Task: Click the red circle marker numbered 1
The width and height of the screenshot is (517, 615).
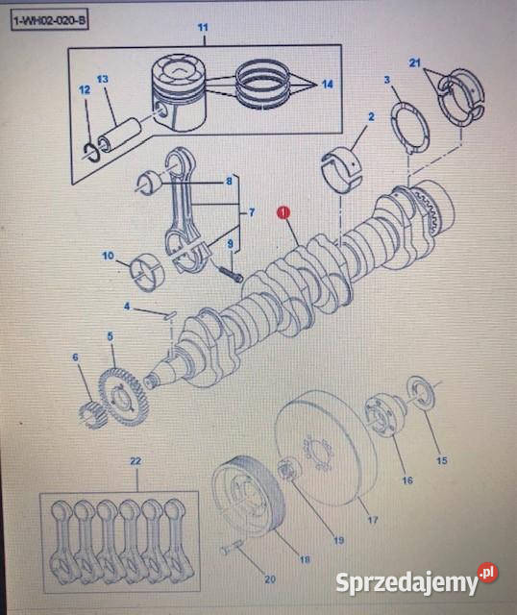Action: [x=283, y=212]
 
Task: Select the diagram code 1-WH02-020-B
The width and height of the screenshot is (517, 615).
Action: [x=49, y=20]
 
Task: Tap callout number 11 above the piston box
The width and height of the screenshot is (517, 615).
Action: [x=203, y=28]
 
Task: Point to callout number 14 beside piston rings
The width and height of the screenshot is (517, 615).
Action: [x=328, y=84]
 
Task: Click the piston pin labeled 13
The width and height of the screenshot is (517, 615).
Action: [x=121, y=138]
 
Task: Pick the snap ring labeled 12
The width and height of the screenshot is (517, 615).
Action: [x=92, y=153]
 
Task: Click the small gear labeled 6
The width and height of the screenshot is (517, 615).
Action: [x=91, y=415]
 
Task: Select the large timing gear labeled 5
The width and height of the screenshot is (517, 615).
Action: [x=123, y=397]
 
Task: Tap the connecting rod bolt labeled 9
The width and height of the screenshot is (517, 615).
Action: [x=230, y=273]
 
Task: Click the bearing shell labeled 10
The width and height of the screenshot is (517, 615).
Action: [x=148, y=273]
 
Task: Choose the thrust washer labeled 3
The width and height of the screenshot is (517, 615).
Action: [x=410, y=129]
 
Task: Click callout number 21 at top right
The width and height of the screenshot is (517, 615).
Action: [x=414, y=62]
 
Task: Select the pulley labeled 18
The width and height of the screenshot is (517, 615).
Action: [x=248, y=496]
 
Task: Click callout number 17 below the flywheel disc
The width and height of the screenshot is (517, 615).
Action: [x=372, y=520]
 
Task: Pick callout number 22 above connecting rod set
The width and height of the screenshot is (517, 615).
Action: [x=135, y=461]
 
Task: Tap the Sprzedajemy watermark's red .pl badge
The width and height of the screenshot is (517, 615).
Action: [x=487, y=573]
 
